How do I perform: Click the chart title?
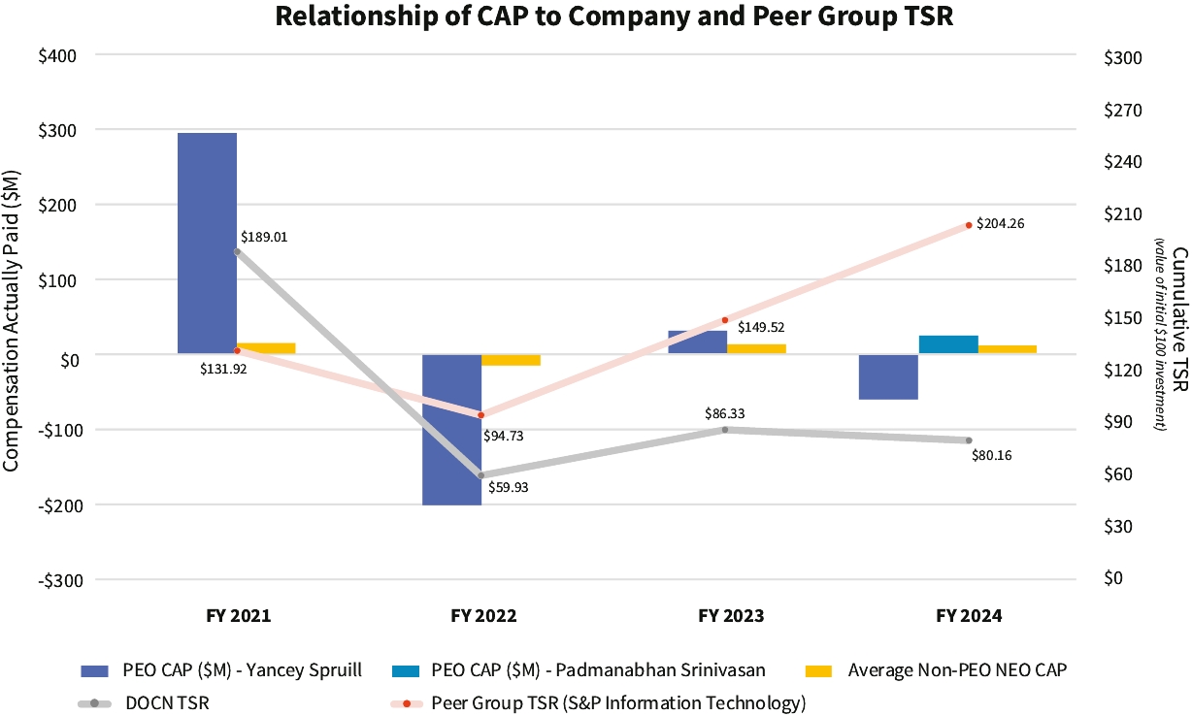pyautogui.click(x=614, y=16)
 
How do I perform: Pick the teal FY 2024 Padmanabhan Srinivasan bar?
pyautogui.click(x=948, y=344)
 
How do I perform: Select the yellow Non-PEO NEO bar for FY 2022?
pyautogui.click(x=512, y=360)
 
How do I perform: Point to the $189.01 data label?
pyautogui.click(x=264, y=237)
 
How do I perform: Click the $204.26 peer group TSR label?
pyautogui.click(x=1000, y=223)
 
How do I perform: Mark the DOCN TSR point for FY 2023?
pyautogui.click(x=725, y=429)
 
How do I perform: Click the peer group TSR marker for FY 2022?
pyautogui.click(x=481, y=415)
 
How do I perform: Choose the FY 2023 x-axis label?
pyautogui.click(x=731, y=616)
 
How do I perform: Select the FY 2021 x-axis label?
pyautogui.click(x=238, y=616)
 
